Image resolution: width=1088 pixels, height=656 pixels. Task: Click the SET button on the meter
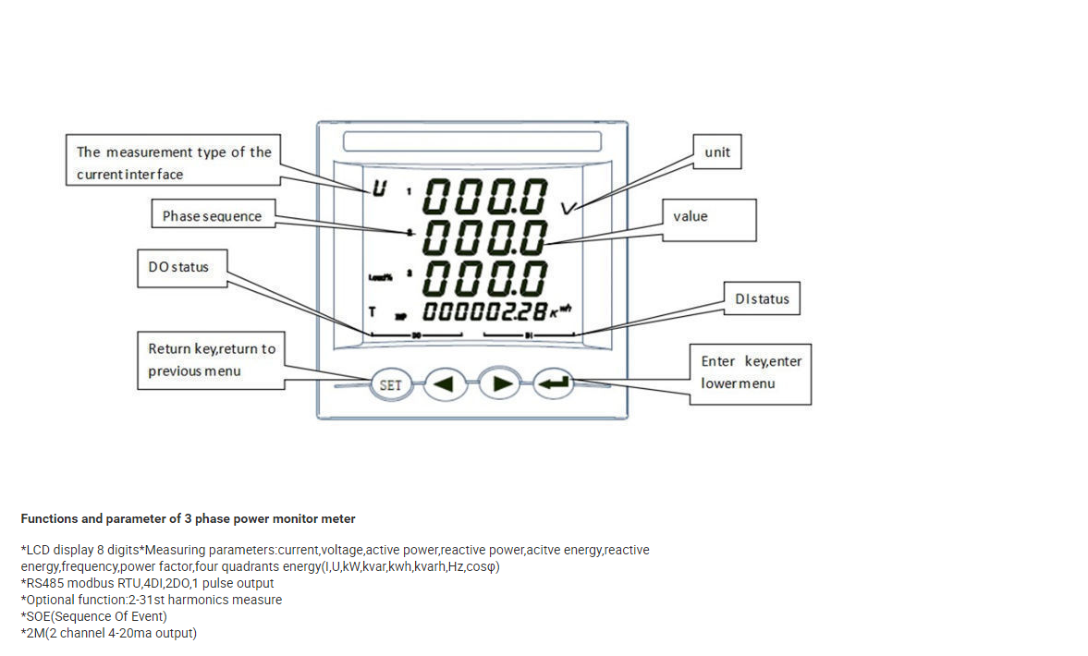click(x=391, y=384)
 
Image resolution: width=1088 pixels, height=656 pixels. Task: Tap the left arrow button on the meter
click(x=445, y=384)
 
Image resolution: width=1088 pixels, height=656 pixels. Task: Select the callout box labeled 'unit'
click(x=717, y=152)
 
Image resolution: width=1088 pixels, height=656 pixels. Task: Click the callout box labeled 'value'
click(x=708, y=219)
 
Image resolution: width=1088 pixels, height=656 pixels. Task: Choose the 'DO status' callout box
click(x=181, y=268)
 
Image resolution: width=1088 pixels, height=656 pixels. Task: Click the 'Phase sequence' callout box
click(x=213, y=216)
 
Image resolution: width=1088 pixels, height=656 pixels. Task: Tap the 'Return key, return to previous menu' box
click(x=212, y=360)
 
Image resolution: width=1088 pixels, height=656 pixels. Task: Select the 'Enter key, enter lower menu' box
click(x=751, y=372)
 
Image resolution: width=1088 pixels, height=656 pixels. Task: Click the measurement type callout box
click(x=174, y=163)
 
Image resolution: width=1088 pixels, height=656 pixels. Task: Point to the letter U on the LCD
click(x=378, y=190)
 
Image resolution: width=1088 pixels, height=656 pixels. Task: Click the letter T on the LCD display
click(x=372, y=311)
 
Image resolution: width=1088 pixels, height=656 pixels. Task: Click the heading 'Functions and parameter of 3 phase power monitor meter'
click(x=188, y=518)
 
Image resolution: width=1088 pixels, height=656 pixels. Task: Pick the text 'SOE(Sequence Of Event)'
click(x=93, y=616)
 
